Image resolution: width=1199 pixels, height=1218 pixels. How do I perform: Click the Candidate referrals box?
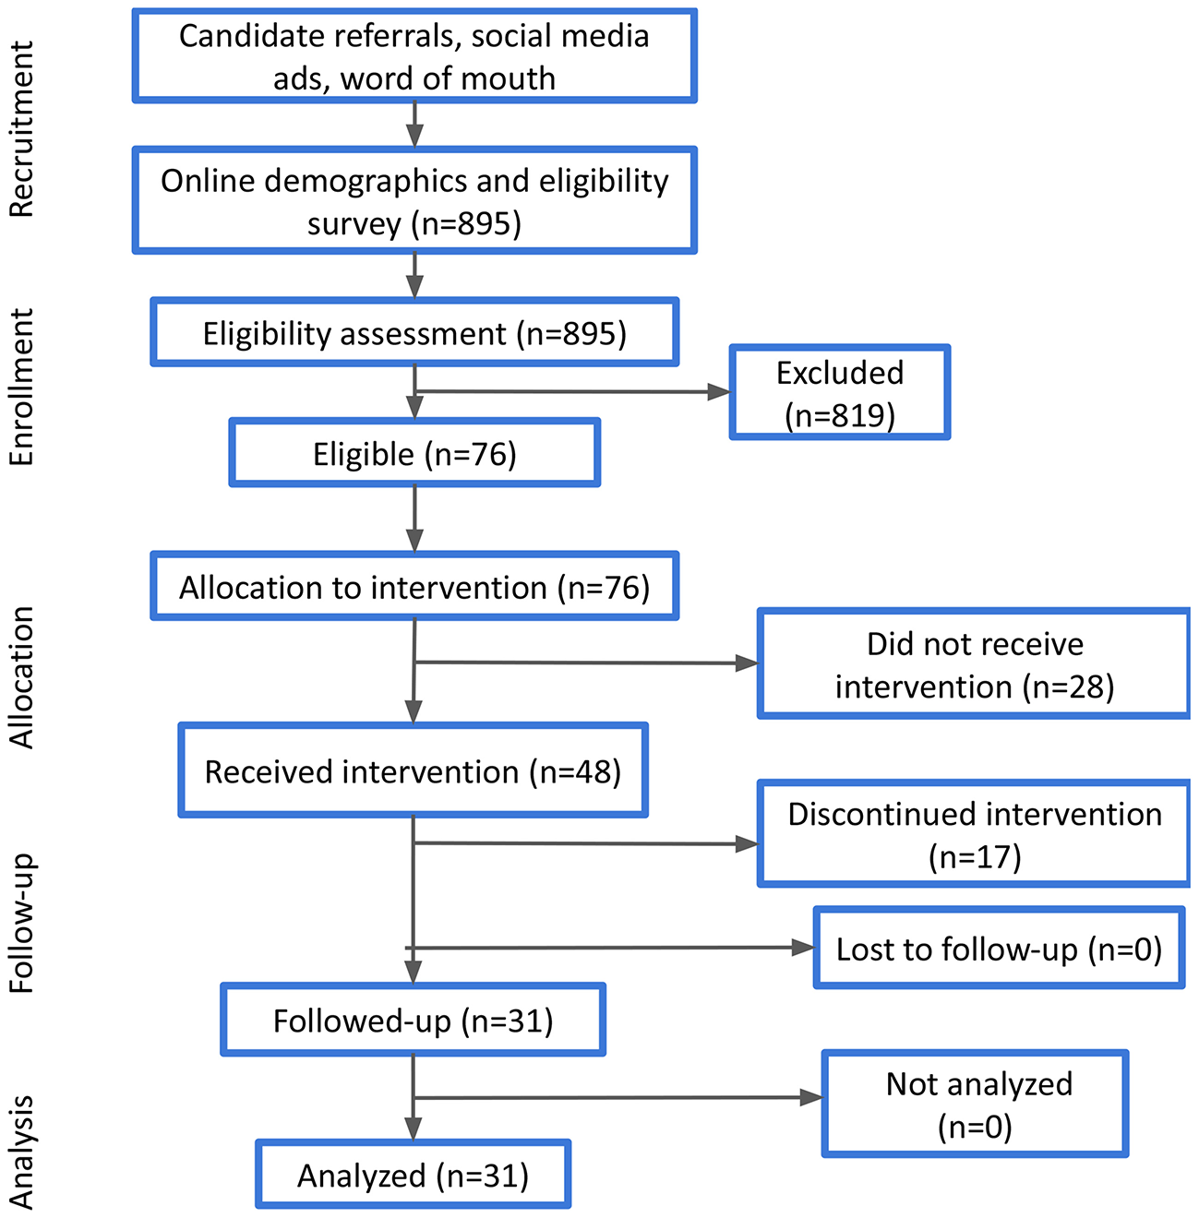[414, 56]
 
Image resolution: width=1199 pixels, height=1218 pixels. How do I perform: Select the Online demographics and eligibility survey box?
[414, 200]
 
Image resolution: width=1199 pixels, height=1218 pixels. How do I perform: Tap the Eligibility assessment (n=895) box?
[414, 332]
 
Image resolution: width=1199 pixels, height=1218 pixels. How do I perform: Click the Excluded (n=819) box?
[840, 393]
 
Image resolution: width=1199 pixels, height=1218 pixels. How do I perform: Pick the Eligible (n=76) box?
[414, 453]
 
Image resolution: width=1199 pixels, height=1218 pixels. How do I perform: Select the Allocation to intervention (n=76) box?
[414, 587]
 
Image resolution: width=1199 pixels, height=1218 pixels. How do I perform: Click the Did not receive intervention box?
[974, 664]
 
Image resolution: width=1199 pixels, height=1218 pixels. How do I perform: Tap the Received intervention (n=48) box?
[413, 770]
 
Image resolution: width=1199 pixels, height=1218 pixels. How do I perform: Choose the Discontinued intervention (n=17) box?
[974, 835]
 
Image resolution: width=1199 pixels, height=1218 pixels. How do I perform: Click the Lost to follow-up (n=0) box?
[999, 949]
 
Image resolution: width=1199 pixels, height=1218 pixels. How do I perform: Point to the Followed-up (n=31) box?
[413, 1021]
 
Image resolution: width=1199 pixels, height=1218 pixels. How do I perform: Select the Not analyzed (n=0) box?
[976, 1104]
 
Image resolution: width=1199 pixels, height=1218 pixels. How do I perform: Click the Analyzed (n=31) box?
[413, 1175]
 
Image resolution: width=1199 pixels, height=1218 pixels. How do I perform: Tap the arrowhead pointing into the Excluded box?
[719, 392]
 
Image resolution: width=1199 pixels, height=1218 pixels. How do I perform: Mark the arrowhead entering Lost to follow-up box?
[803, 948]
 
